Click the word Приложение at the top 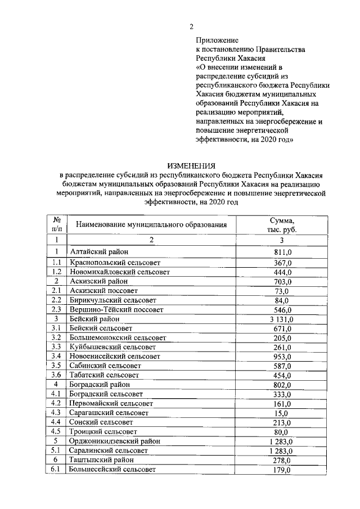point(217,40)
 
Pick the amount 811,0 point(282,253)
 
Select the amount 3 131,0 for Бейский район point(282,319)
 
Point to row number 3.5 point(56,366)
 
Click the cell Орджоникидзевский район point(114,441)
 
